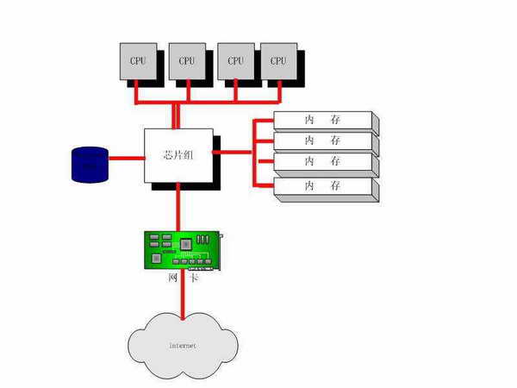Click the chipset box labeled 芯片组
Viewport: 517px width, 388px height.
click(178, 155)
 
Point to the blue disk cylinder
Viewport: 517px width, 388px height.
click(90, 163)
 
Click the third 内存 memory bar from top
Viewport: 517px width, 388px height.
click(322, 162)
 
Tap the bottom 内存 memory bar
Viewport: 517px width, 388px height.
click(322, 186)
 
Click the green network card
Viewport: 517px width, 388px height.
click(181, 250)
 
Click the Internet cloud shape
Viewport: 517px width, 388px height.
click(184, 343)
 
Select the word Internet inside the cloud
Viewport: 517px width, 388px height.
click(182, 345)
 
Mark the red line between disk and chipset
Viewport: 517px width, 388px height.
click(126, 158)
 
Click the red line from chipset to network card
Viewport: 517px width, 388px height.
click(178, 207)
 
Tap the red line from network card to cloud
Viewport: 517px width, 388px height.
click(183, 297)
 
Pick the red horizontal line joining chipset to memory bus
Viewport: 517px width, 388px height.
click(233, 153)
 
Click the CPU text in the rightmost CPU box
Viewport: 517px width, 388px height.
click(277, 60)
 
